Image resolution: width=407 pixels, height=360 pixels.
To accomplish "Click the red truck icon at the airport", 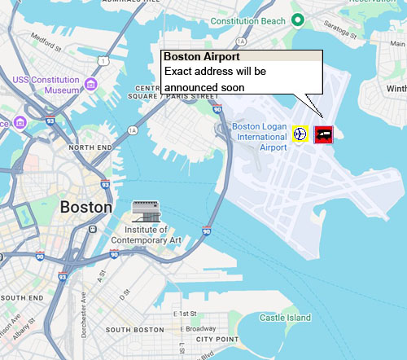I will (x=323, y=134).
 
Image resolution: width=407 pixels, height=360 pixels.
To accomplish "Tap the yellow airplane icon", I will (x=300, y=134).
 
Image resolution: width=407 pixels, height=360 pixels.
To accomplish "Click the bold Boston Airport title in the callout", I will (x=201, y=58).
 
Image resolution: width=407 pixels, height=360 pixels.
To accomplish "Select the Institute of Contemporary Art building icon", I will (x=147, y=211).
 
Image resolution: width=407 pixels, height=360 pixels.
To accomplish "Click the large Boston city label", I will (x=86, y=207).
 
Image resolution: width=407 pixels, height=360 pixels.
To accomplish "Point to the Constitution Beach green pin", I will (x=299, y=20).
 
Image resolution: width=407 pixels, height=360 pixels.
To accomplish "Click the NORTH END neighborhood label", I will (x=90, y=147).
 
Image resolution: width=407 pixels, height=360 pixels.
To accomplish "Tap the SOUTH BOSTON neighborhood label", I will (x=135, y=330).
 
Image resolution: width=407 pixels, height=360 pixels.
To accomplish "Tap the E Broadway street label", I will (x=199, y=328).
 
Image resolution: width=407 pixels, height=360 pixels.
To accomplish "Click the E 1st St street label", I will (x=189, y=314).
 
